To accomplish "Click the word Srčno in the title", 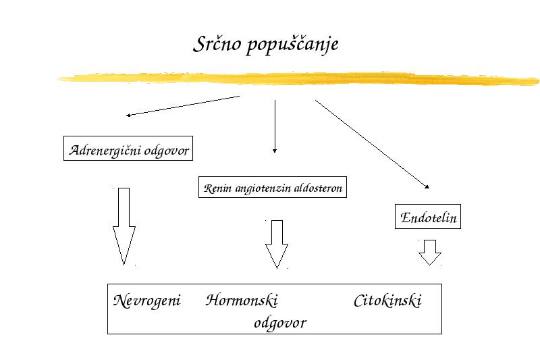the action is pyautogui.click(x=217, y=44).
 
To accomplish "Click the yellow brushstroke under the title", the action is pyautogui.click(x=298, y=78).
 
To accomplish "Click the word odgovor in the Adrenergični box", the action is pyautogui.click(x=167, y=151).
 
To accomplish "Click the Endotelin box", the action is pyautogui.click(x=428, y=217).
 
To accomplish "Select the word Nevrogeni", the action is pyautogui.click(x=146, y=301).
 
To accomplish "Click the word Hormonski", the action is pyautogui.click(x=242, y=300).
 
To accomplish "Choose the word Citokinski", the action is pyautogui.click(x=387, y=301).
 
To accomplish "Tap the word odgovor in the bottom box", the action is pyautogui.click(x=279, y=323).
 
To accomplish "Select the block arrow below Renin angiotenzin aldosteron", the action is pyautogui.click(x=277, y=243).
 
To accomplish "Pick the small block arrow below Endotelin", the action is pyautogui.click(x=430, y=252).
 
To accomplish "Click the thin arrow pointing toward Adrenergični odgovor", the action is pyautogui.click(x=182, y=106).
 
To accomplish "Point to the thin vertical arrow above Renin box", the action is pyautogui.click(x=275, y=126).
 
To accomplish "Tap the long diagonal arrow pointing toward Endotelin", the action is pyautogui.click(x=373, y=145).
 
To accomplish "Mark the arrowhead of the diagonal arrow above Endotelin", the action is pyautogui.click(x=427, y=186).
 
